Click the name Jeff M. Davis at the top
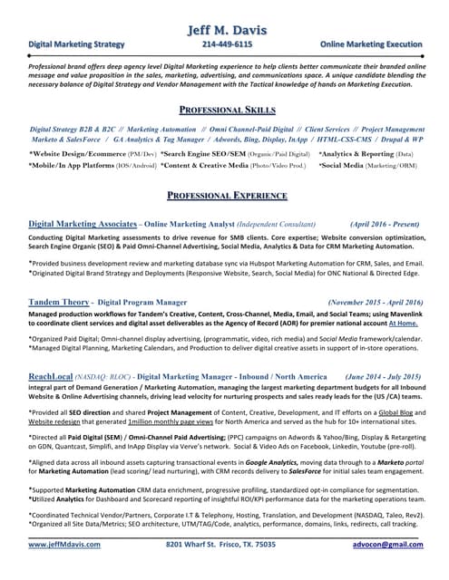coord(224,31)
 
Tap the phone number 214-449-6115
coord(227,43)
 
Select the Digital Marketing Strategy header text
coord(76,43)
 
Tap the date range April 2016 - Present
coord(385,223)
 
